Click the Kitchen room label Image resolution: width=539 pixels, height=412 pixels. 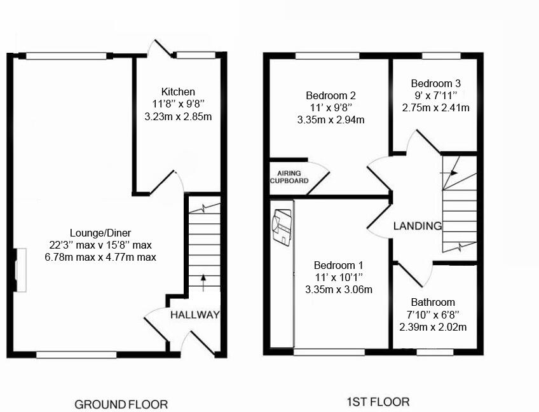(178, 92)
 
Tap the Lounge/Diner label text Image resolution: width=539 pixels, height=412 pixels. (100, 233)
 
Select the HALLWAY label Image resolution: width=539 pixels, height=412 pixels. (194, 315)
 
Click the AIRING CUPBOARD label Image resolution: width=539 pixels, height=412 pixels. (289, 177)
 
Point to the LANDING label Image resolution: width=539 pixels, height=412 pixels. (417, 226)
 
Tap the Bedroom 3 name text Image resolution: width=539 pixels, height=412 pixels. (435, 83)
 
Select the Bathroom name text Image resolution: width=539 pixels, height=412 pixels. (432, 302)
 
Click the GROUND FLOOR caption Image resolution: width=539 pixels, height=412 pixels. (121, 404)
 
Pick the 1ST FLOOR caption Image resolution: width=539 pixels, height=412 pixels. (378, 402)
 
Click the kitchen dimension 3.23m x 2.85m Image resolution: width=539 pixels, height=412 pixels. (178, 116)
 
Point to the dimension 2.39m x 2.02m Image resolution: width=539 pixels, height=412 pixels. (433, 327)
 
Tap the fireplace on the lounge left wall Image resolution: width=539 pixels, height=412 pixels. (19, 270)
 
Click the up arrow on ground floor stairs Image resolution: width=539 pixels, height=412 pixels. (203, 282)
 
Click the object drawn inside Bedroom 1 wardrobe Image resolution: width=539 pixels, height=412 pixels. (282, 227)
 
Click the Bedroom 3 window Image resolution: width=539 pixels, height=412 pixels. (440, 56)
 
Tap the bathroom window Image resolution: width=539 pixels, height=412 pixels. (434, 352)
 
